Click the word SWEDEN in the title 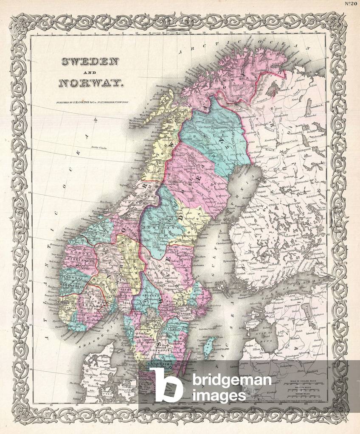click(x=90, y=62)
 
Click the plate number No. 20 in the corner click(x=350, y=5)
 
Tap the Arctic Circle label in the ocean click(x=98, y=148)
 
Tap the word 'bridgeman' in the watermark click(x=231, y=380)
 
